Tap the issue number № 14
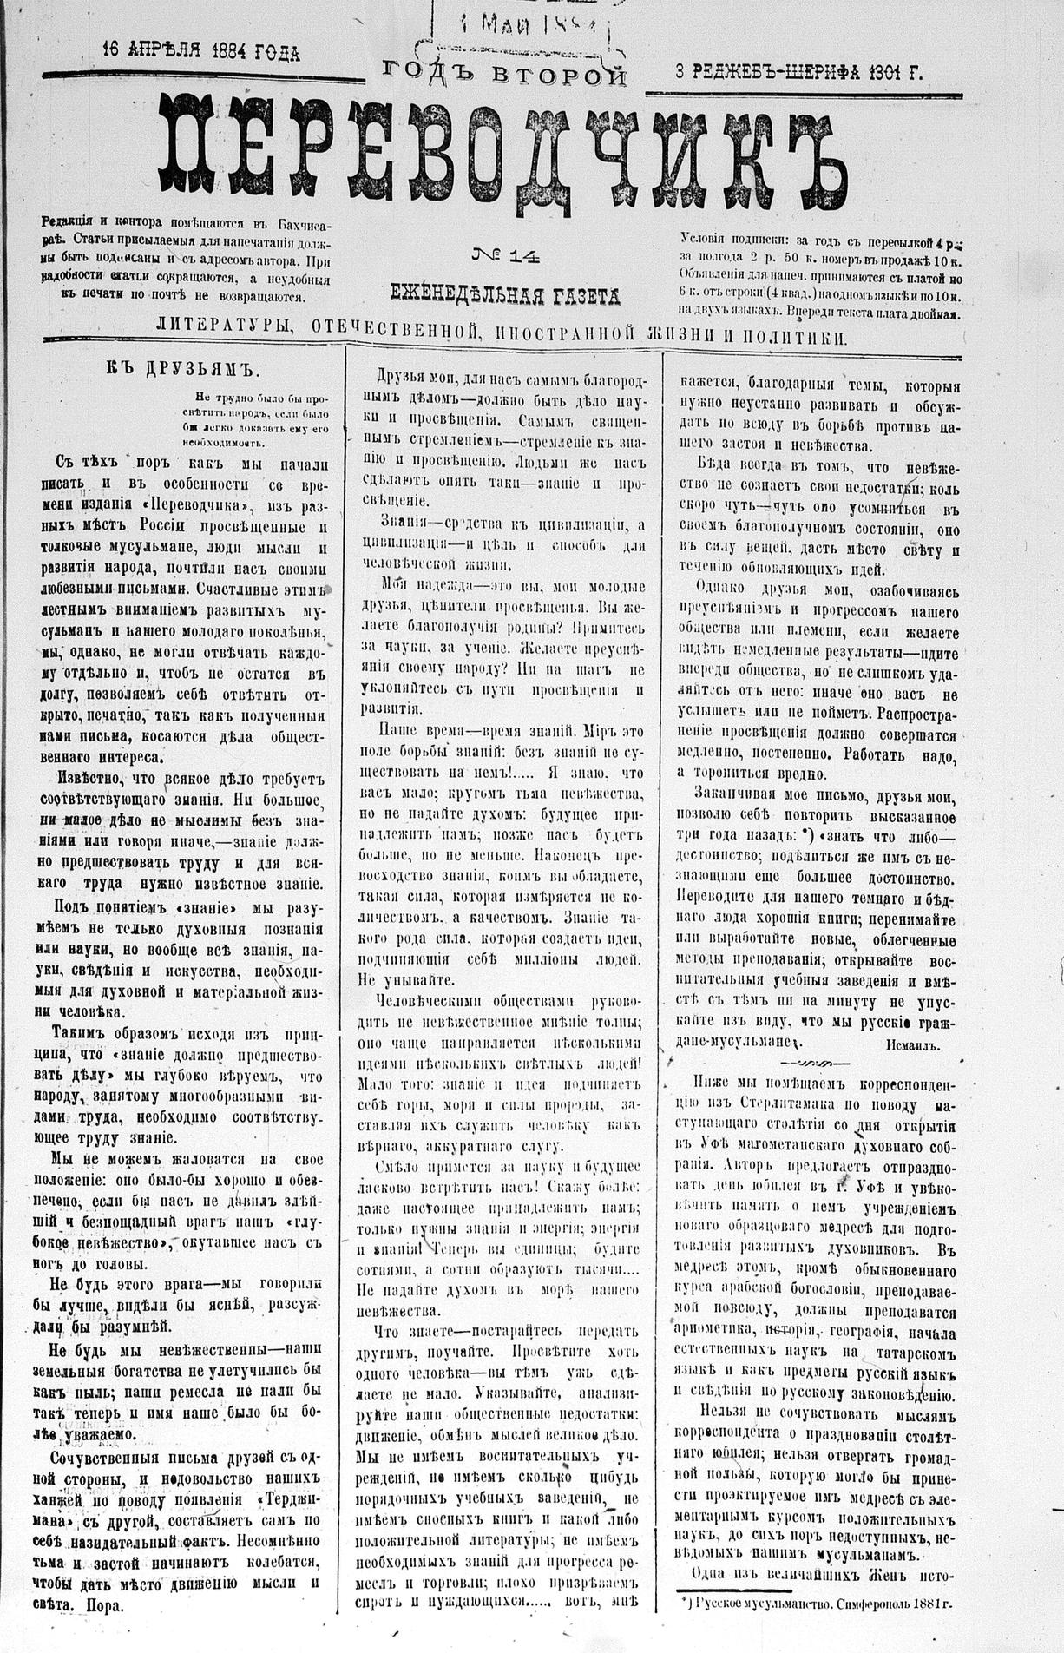coord(507,255)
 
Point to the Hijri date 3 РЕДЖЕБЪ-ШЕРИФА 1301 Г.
coord(799,74)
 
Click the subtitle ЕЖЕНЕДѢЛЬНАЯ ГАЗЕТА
coord(506,296)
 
